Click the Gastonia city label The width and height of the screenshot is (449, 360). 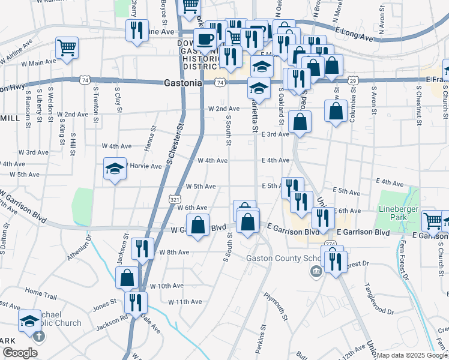point(183,84)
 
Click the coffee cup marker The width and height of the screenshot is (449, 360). point(205,40)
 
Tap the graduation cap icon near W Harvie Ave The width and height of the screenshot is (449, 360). point(115,169)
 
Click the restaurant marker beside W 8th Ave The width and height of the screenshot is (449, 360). point(142,248)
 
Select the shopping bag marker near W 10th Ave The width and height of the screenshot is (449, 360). point(127,278)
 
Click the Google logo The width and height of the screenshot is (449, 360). point(20,353)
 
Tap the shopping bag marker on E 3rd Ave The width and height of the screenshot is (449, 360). point(299,122)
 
